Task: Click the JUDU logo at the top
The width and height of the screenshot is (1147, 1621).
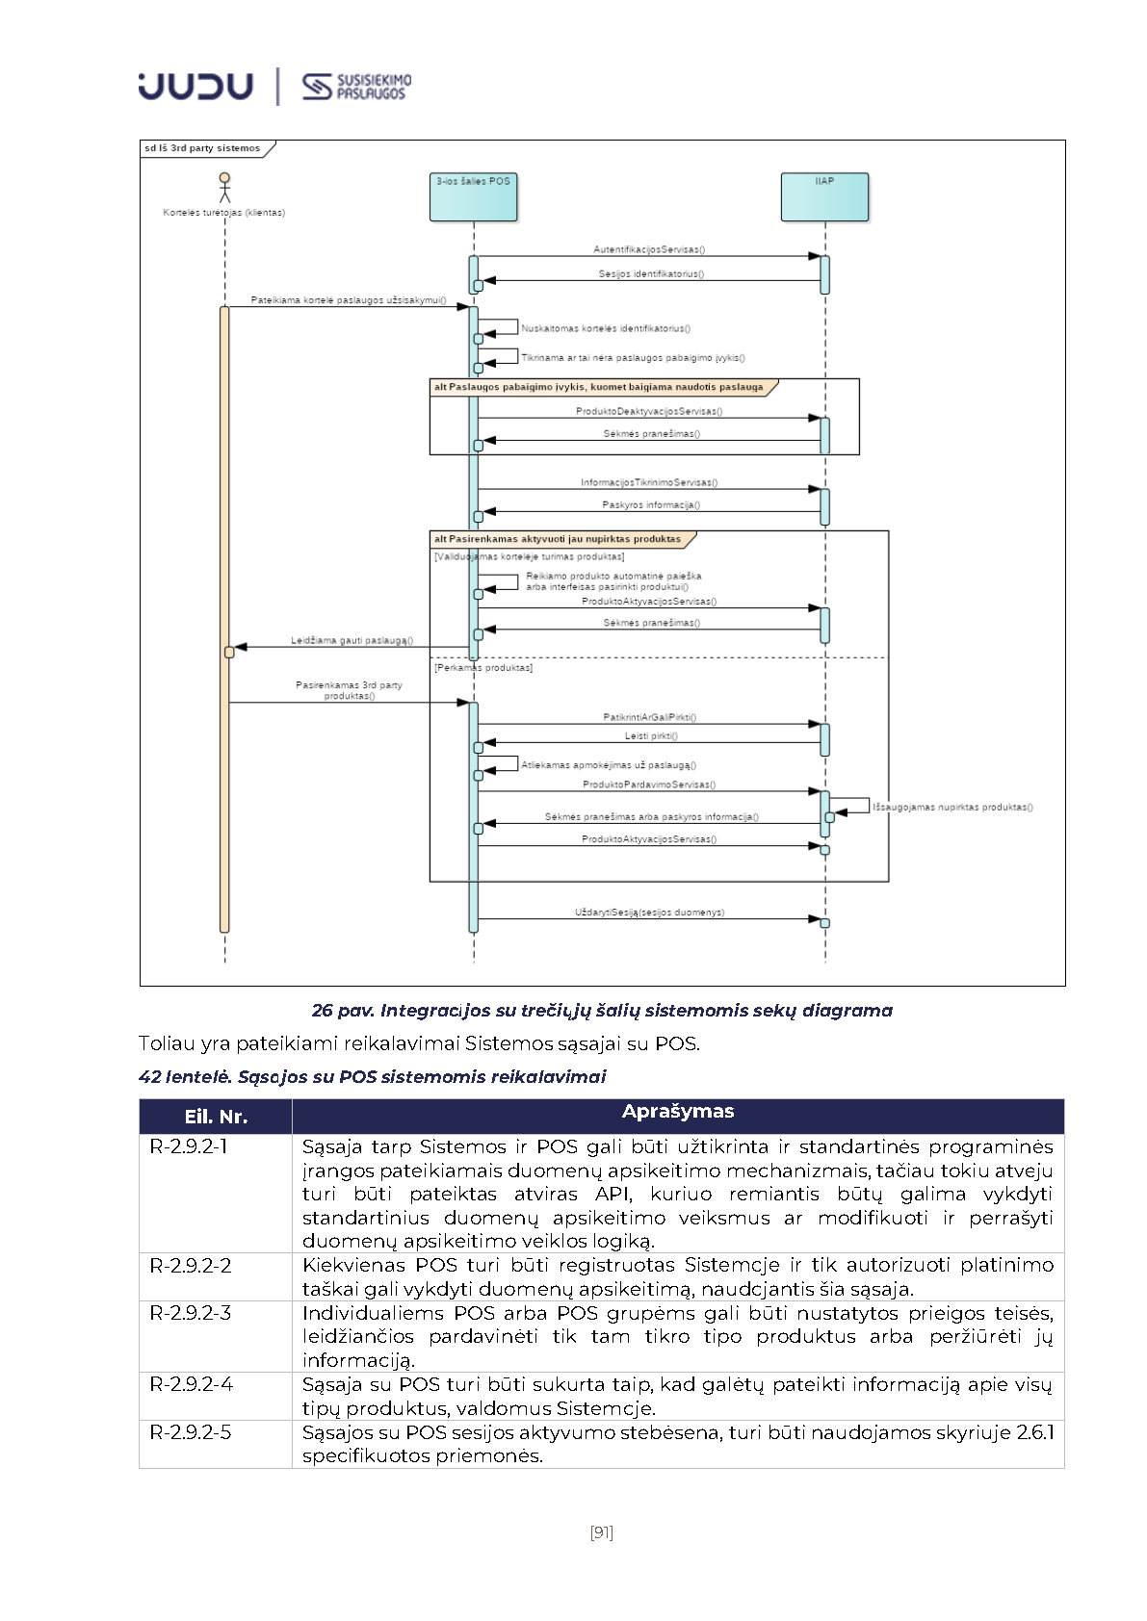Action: point(196,87)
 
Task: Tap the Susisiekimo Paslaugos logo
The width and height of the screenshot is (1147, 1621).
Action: point(356,87)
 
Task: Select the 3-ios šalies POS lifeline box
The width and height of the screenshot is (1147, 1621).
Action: point(473,196)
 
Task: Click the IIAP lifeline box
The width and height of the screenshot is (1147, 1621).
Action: point(824,196)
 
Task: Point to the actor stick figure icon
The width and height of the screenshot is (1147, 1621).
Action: point(224,187)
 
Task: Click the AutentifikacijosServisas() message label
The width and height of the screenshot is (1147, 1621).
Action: point(649,249)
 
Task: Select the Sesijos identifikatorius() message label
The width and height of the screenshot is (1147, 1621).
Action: point(651,273)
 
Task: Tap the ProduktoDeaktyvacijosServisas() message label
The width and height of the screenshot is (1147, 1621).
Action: point(649,411)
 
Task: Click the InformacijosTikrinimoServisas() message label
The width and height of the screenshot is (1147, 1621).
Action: point(649,482)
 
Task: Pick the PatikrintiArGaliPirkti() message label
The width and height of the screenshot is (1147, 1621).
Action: point(650,717)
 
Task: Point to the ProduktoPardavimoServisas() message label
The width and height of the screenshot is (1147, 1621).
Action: point(649,785)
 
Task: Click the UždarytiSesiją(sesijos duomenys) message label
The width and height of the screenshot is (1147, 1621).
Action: point(650,912)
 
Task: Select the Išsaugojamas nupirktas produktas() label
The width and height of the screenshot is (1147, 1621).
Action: point(952,807)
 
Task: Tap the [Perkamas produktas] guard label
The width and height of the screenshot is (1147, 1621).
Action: point(483,667)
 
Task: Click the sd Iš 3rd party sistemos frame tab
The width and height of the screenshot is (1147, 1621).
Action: point(203,148)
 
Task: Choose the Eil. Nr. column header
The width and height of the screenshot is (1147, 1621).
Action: point(216,1117)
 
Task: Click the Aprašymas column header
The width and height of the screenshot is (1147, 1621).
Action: point(678,1112)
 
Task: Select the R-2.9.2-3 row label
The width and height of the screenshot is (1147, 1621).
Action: point(191,1313)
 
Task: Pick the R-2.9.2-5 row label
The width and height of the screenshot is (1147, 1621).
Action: point(191,1432)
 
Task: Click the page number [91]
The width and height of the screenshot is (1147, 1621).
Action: point(602,1531)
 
